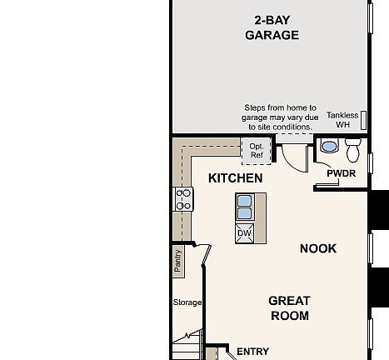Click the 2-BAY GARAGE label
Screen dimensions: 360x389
pos(272,27)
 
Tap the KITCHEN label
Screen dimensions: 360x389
pos(235,178)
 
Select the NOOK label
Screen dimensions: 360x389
pos(317,248)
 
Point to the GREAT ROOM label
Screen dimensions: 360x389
pos(289,308)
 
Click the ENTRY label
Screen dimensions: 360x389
pos(252,352)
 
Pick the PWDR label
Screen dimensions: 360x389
pos(341,173)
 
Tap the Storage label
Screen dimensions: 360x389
pos(187,302)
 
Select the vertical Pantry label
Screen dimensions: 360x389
pos(178,261)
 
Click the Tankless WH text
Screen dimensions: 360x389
pos(342,120)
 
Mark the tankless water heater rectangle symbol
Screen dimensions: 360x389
pos(363,120)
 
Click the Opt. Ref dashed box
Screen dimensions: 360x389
pos(257,151)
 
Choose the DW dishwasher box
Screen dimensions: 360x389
pos(244,233)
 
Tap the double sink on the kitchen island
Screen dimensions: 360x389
pos(245,206)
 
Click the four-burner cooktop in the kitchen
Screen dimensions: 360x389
pos(183,199)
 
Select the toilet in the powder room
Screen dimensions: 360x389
pos(352,150)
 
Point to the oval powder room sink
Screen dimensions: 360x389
pos(328,147)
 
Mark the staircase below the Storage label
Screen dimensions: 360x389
pos(187,343)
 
